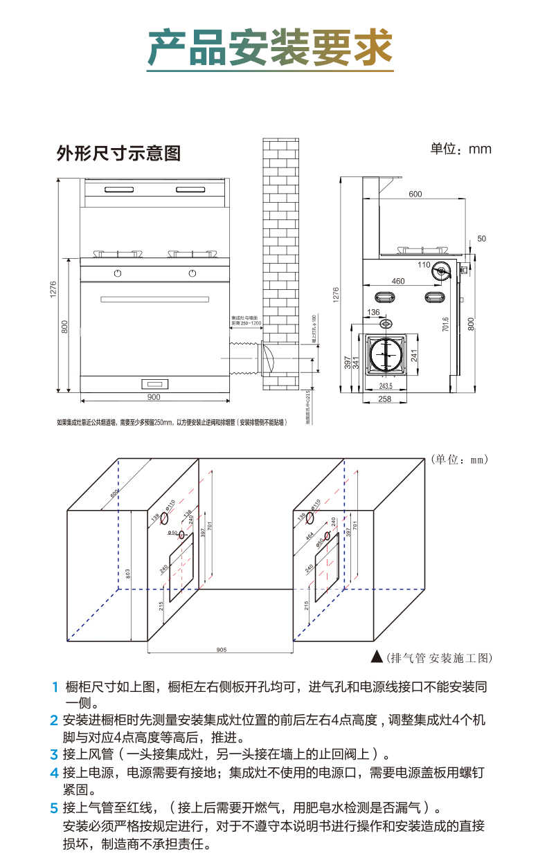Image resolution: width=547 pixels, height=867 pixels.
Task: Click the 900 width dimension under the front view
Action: point(154,397)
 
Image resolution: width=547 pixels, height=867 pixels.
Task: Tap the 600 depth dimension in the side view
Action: point(415,194)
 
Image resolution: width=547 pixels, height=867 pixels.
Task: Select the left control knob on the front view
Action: point(118,273)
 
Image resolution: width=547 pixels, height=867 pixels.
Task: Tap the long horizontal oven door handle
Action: point(154,299)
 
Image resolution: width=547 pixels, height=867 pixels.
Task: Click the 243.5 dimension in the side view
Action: point(386,385)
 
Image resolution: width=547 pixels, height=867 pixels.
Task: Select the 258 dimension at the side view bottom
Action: point(385,399)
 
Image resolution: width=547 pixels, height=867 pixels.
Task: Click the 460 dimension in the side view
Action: point(397,282)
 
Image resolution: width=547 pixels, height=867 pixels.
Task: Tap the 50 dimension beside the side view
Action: point(482,239)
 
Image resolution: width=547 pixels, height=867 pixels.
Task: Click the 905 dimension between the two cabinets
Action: point(221,650)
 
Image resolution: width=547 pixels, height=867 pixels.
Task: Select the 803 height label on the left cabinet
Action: point(127,574)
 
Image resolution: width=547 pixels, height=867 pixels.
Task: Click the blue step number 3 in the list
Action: point(53,754)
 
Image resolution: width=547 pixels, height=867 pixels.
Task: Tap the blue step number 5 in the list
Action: point(53,807)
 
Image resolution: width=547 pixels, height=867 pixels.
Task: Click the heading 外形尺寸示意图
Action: point(118,153)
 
